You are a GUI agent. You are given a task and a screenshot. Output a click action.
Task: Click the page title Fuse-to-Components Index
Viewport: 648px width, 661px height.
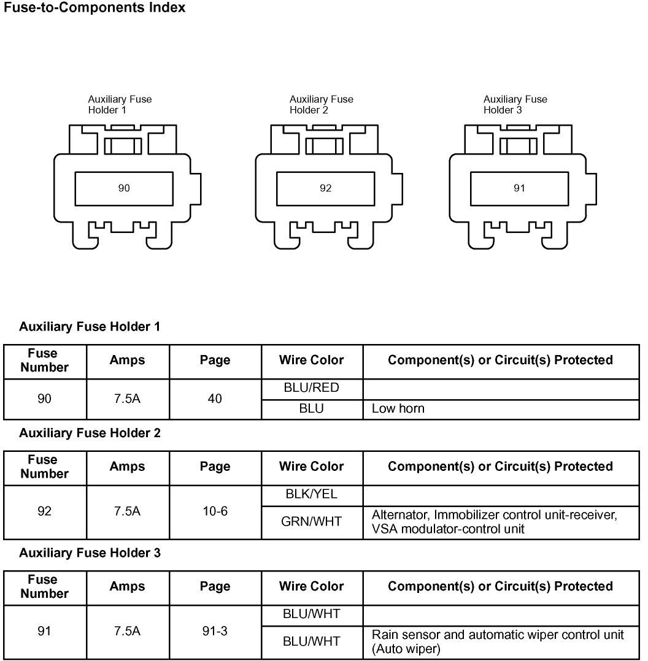(94, 8)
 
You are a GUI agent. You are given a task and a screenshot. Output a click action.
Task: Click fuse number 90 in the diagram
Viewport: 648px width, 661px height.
(124, 188)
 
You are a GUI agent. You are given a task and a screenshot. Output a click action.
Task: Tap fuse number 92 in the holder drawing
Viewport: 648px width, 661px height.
(325, 188)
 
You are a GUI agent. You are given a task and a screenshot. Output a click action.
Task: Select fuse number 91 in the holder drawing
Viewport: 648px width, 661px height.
(519, 188)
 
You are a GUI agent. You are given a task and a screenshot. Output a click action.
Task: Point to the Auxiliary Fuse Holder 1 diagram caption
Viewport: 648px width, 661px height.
(119, 105)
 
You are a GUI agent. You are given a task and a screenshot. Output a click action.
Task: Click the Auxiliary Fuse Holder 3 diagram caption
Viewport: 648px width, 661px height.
(515, 105)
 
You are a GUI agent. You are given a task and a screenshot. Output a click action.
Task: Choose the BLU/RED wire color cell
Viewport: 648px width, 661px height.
(311, 388)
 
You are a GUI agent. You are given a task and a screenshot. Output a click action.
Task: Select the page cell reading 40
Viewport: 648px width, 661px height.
(215, 399)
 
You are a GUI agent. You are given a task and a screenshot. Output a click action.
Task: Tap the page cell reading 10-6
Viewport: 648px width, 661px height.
(215, 511)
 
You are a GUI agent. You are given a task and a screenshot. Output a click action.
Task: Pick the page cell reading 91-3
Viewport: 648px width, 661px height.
(215, 631)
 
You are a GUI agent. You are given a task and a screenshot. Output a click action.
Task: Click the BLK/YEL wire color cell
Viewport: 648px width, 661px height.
(311, 495)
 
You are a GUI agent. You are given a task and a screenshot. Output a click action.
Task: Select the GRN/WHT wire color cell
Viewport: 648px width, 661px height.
(311, 522)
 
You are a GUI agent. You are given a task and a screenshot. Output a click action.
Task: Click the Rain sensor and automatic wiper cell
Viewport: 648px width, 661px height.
(498, 641)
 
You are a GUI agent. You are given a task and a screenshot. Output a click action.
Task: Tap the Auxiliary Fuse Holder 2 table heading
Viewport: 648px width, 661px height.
(90, 434)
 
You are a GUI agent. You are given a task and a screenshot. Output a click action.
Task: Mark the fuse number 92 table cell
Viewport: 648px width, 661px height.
(44, 511)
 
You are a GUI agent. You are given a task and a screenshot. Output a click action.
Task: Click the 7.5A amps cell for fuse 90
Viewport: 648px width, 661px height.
(127, 399)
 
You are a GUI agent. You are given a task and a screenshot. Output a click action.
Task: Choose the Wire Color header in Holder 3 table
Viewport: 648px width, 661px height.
(311, 586)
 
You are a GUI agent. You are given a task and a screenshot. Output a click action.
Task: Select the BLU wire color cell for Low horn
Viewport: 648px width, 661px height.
(311, 409)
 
